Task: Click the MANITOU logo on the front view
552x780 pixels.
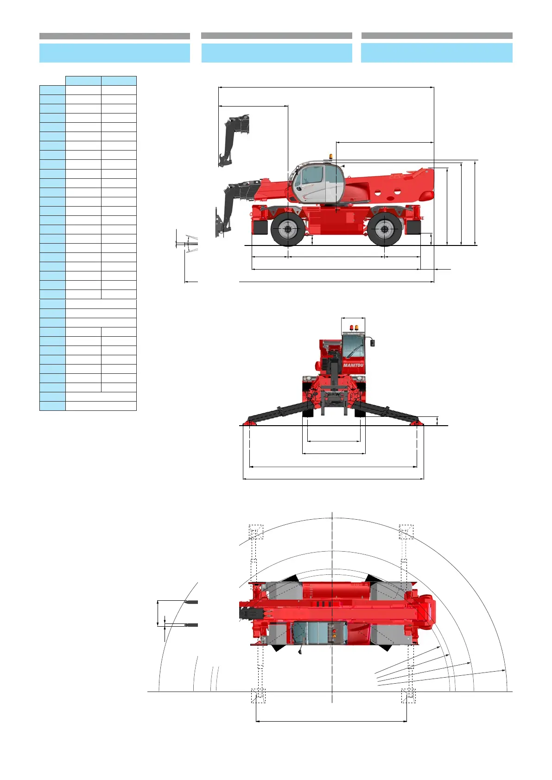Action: pos(353,365)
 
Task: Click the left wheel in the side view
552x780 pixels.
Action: pos(288,229)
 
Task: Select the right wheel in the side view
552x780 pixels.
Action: pos(384,229)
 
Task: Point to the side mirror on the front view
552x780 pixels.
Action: pos(372,343)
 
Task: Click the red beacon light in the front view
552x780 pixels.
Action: pos(351,328)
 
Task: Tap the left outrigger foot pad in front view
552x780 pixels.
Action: pos(250,422)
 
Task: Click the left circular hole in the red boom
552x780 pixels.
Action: pos(378,192)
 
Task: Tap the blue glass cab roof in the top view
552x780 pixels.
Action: pos(320,632)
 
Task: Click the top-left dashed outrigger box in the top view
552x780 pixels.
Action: pos(256,532)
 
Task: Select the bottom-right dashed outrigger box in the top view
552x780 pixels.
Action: pos(408,696)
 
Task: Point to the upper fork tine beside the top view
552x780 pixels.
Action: pos(191,602)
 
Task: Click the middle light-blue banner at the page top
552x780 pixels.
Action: pos(277,53)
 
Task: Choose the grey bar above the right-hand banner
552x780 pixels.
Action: pos(437,36)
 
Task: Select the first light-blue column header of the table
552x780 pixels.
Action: pos(83,81)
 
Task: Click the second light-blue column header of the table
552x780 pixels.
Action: pos(119,81)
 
